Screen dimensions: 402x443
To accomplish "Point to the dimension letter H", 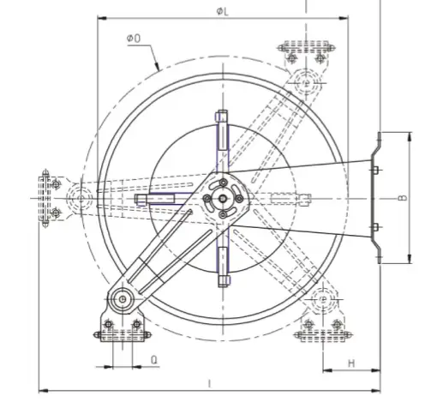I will click(x=351, y=363).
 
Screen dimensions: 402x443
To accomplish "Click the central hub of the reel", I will click(x=222, y=199).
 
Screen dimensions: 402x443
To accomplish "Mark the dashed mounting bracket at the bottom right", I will click(x=322, y=327).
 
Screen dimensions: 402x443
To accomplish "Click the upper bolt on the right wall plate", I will click(x=375, y=170).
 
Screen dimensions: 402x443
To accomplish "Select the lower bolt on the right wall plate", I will click(x=375, y=226).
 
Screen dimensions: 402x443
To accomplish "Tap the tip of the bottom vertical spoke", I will click(x=222, y=281).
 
